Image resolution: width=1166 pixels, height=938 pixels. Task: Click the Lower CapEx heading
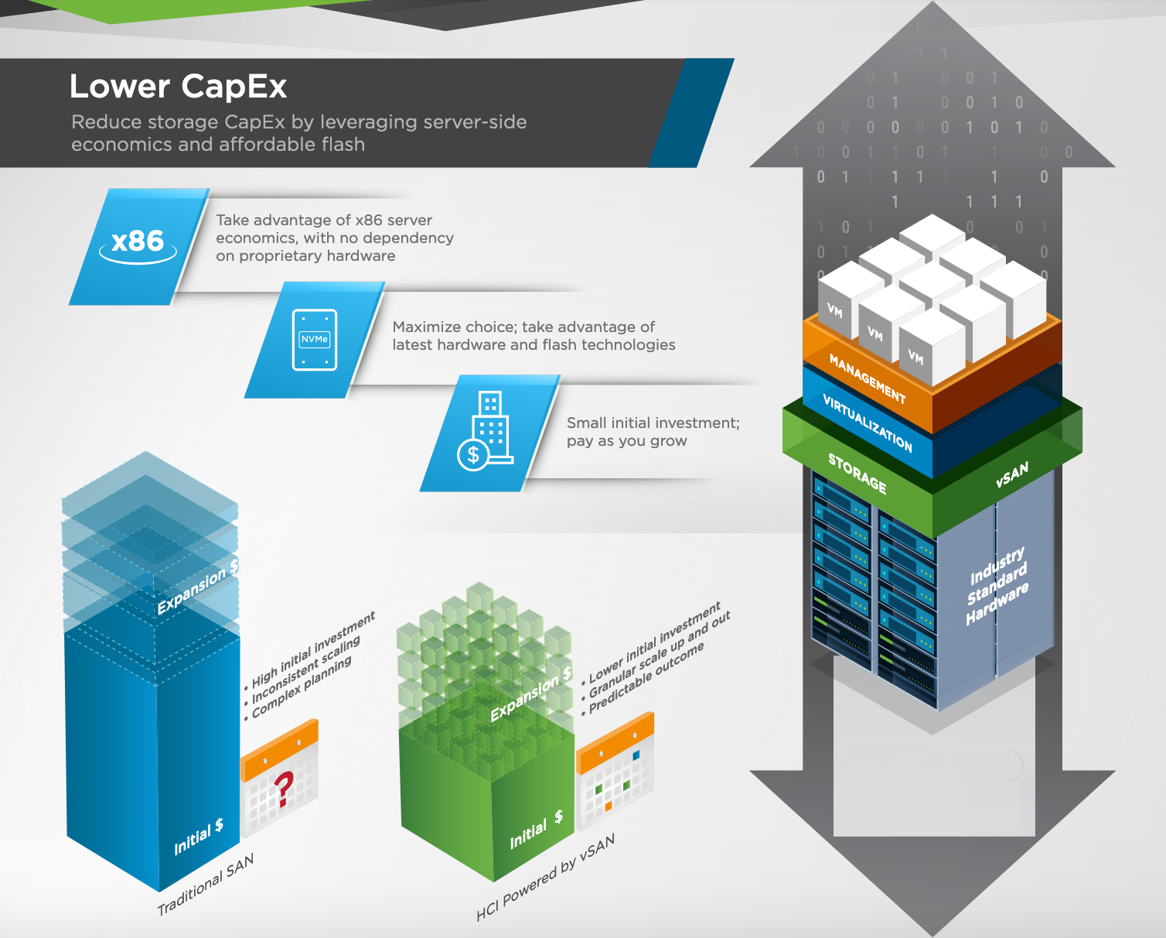[178, 87]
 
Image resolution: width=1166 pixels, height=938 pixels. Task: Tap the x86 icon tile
[138, 245]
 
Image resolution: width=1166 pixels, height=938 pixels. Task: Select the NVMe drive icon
[315, 340]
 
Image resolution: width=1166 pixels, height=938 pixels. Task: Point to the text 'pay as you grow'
[626, 441]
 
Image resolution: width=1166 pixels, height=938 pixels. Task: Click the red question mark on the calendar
[284, 789]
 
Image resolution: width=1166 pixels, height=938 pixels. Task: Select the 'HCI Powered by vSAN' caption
[545, 878]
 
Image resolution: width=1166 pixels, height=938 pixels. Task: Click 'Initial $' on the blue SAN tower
[199, 837]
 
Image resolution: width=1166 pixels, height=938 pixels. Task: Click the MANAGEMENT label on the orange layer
[867, 378]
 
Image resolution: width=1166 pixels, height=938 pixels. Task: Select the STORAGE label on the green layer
[857, 473]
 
